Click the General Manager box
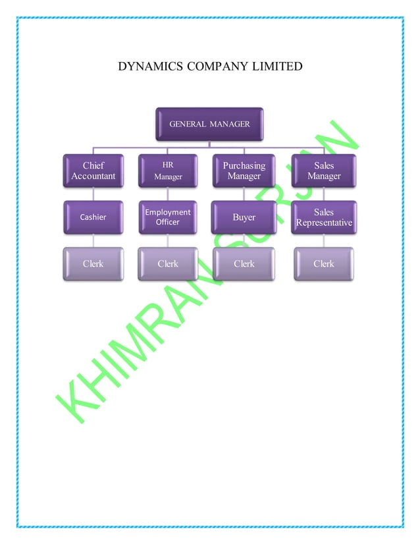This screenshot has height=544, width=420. point(209,124)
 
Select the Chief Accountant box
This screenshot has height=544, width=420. point(93,171)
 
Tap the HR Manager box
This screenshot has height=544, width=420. point(168,171)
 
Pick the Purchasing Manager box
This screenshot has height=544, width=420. point(244,171)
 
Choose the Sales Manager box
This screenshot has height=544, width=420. point(324,171)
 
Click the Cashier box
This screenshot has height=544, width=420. point(93,217)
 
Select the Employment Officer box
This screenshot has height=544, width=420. point(168,217)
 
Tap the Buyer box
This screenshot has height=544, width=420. point(244,217)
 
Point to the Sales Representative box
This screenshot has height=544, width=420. point(324,217)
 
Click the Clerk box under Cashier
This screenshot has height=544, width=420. point(93,263)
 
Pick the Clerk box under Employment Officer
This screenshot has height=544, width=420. point(168,263)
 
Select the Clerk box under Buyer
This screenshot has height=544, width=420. point(244,263)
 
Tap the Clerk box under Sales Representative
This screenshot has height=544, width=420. point(324,263)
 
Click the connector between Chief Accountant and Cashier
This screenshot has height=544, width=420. point(93,194)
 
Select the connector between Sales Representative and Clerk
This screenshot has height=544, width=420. point(324,240)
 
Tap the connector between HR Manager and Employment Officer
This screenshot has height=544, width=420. point(168,194)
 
